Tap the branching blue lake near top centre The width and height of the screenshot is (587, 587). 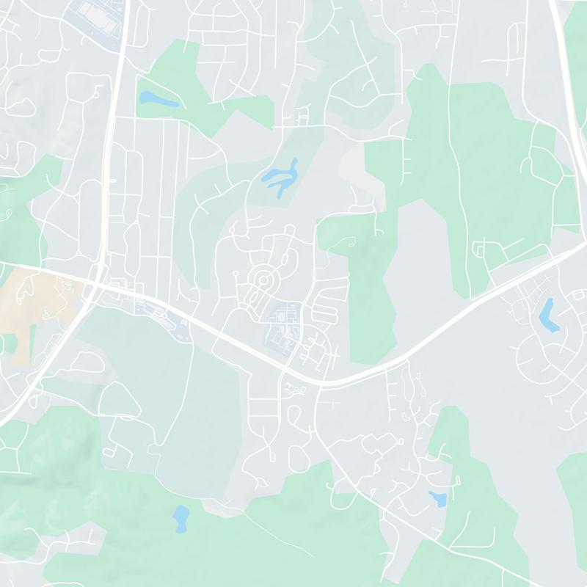(x=281, y=177)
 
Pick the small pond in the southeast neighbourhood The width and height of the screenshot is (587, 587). (x=438, y=499)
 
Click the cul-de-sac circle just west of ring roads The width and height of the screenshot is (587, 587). (x=236, y=274)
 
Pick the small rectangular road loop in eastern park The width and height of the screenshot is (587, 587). (x=481, y=252)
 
